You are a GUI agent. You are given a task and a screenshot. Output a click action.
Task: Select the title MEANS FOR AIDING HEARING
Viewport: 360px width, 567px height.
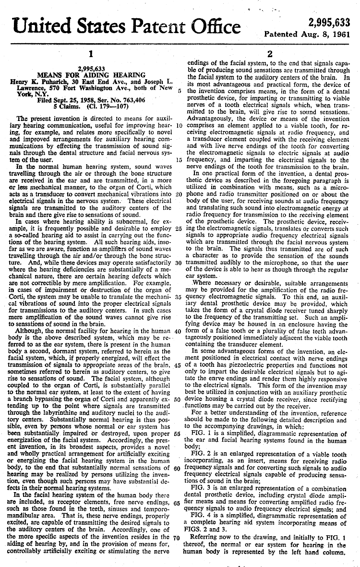pos(91,75)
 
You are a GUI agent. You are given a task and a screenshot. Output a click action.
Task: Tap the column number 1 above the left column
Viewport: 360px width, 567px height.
pos(91,54)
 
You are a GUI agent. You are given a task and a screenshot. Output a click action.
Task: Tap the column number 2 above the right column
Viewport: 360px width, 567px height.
pos(270,54)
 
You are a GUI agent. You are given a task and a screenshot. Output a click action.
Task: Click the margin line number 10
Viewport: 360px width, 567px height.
pos(179,125)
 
